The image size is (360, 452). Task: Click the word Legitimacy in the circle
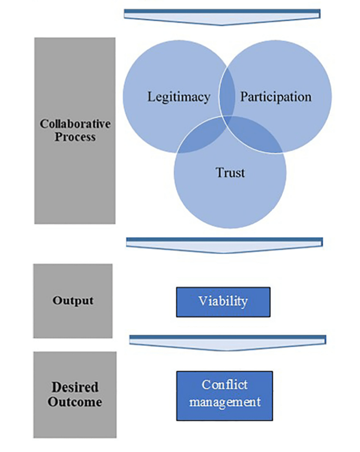178,97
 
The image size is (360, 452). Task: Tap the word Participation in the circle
276,97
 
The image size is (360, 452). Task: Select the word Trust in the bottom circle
230,172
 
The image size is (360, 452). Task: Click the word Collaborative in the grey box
75,123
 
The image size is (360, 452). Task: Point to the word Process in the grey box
75,137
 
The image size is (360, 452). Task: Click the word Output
73,300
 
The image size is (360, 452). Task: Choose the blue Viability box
223,302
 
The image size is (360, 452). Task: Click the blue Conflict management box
224,395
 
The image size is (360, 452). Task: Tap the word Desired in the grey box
75,387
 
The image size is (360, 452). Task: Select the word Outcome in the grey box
75,402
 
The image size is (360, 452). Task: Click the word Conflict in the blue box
224,385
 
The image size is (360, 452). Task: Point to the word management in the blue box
224,402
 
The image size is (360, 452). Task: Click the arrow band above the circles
222,16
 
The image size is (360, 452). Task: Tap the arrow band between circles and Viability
224,244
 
